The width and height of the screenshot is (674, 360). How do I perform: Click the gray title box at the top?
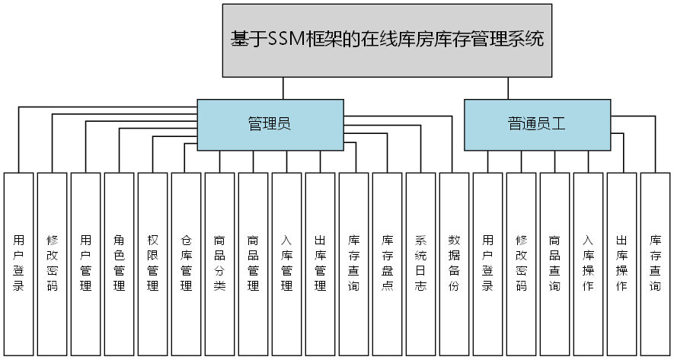388,40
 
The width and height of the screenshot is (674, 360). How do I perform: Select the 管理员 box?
270,123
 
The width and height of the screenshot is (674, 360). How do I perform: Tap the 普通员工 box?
537,123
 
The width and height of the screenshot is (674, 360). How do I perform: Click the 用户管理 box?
85,263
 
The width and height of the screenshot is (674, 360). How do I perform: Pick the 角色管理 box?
119,263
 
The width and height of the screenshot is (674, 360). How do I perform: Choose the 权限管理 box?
152,263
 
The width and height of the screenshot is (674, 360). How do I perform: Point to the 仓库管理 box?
186,263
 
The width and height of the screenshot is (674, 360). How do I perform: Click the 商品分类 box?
219,263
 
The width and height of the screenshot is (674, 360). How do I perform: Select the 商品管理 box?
253,263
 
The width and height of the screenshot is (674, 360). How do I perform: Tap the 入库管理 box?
286,263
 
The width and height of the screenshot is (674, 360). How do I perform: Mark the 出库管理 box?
320,263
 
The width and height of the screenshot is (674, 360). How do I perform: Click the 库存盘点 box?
387,263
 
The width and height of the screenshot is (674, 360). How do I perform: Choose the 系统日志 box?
420,263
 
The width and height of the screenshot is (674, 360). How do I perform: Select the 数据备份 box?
454,263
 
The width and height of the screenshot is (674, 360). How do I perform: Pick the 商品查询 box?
554,263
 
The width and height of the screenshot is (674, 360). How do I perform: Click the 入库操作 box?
588,263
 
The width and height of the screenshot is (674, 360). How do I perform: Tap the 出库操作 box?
621,263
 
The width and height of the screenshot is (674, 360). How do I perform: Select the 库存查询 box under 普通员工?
655,263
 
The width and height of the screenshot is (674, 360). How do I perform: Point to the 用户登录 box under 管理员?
18,263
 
